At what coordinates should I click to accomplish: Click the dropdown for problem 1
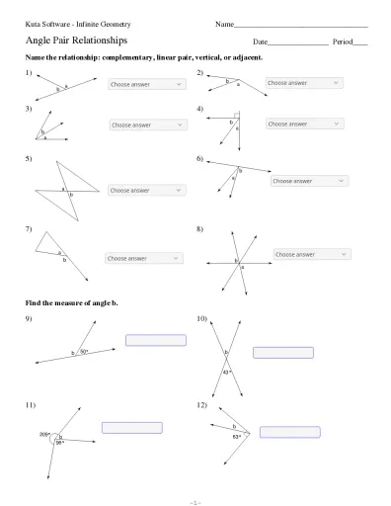point(146,85)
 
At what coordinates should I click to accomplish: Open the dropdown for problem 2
point(303,83)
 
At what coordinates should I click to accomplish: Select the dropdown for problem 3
point(147,126)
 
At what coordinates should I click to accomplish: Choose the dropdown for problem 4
point(303,125)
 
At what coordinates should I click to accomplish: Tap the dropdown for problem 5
point(145,190)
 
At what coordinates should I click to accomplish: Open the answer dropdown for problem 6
point(308,181)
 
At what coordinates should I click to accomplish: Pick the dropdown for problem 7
point(143,258)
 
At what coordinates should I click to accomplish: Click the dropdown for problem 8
point(310,254)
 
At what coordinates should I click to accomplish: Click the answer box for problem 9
point(155,341)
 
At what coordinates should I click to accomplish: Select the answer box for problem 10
point(282,352)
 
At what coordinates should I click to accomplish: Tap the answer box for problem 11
point(132,427)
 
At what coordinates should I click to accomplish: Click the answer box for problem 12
point(289,431)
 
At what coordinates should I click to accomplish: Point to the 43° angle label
point(226,373)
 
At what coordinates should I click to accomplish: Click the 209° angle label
point(44,434)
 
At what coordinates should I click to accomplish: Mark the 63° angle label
point(237,436)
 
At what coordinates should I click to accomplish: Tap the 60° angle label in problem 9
point(84,351)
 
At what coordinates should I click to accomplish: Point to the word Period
point(342,42)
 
